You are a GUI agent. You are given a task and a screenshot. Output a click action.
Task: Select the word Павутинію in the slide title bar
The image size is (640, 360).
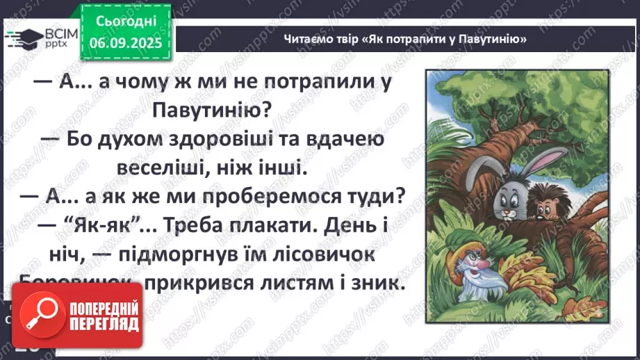click(x=490, y=39)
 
